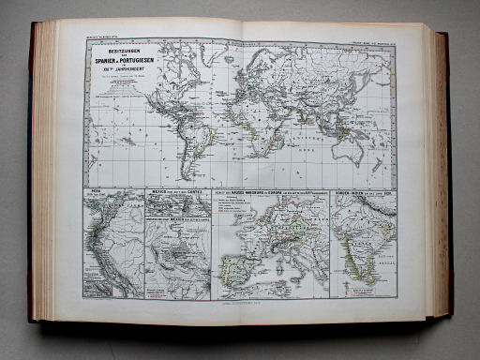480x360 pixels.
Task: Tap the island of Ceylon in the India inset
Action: pos(368,281)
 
